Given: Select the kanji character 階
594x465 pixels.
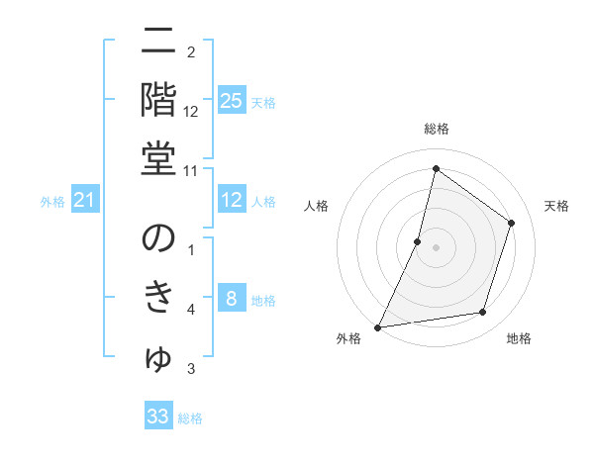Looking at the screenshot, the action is tap(158, 98).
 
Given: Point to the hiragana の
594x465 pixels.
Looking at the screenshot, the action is tap(158, 238).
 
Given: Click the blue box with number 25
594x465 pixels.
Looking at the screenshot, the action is tap(231, 100).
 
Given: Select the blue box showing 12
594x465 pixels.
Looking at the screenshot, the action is tap(231, 201).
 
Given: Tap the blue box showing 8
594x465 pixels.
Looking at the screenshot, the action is tap(231, 299).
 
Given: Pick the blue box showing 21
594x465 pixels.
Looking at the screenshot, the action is tap(85, 201).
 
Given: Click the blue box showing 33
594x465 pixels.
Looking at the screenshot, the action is tap(158, 417).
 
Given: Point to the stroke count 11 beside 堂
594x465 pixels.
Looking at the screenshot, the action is tap(191, 170).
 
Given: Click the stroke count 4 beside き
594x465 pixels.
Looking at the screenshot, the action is tap(191, 311).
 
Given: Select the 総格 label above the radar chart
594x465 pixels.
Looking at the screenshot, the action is tap(436, 129).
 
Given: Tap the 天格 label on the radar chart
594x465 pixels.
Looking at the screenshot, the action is tap(557, 206).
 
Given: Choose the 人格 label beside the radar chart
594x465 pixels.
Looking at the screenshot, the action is tap(316, 206).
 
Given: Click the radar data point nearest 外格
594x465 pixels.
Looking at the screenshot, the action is tap(378, 326).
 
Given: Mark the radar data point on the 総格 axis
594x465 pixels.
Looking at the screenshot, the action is tap(436, 168).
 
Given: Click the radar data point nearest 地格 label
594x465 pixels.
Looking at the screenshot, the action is tap(483, 313).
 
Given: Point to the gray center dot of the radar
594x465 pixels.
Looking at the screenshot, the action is tap(436, 247).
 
